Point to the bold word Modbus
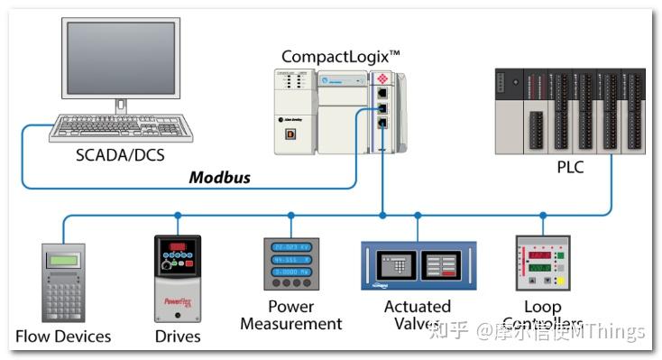click(x=219, y=177)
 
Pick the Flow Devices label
click(x=63, y=337)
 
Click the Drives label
click(x=178, y=337)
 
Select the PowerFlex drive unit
click(x=177, y=278)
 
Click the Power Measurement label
click(x=290, y=315)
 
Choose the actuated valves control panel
click(x=418, y=265)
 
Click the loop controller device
click(x=542, y=263)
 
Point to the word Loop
click(x=542, y=307)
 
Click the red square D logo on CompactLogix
click(x=291, y=134)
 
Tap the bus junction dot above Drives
click(x=178, y=216)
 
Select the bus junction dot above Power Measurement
click(x=291, y=216)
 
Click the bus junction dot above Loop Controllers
click(x=542, y=216)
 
